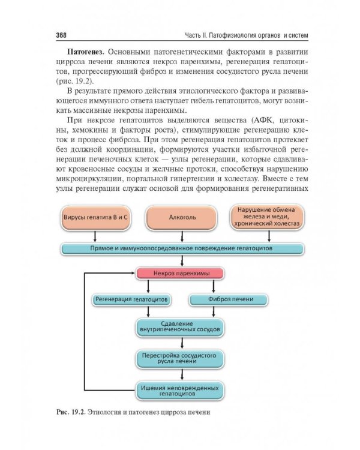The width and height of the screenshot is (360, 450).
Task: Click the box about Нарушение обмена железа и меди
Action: (x=266, y=217)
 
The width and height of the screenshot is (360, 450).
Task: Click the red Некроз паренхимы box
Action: (x=180, y=274)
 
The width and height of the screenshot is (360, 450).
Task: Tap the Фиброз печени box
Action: (x=229, y=299)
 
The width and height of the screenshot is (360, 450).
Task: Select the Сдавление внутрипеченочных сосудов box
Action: (x=180, y=326)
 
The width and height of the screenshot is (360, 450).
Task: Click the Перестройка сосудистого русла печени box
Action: (x=180, y=359)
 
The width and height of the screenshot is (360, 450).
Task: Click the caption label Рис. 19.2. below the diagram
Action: (x=71, y=413)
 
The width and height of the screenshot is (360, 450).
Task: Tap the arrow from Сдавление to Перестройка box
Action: (x=180, y=343)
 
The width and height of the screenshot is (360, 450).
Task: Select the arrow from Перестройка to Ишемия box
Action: (x=180, y=375)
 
